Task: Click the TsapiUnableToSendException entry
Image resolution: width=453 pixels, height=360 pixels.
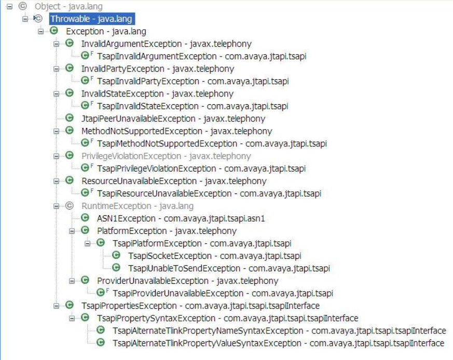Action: coord(229,268)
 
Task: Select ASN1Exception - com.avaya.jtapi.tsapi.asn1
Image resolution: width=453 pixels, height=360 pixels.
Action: coord(181,218)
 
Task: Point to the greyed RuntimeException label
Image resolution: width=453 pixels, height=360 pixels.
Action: coord(138,206)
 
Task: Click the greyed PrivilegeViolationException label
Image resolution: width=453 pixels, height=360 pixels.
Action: coord(166,156)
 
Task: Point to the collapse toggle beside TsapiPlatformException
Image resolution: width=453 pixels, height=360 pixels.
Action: coord(88,243)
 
